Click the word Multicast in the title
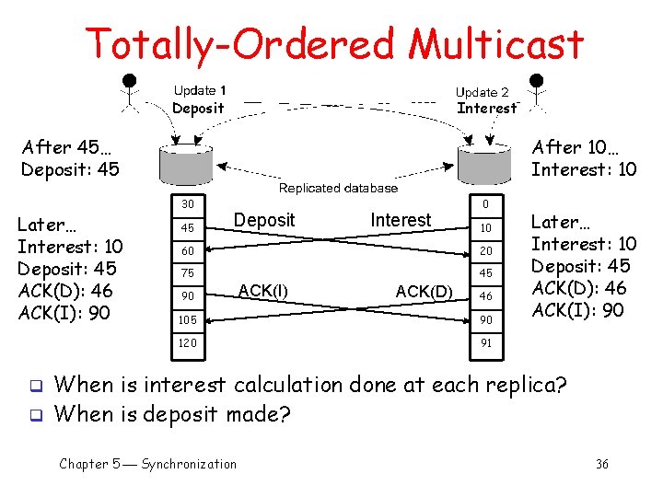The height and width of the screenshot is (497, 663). pyautogui.click(x=496, y=43)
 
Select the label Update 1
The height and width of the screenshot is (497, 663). pyautogui.click(x=200, y=90)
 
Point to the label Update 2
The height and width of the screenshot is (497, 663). pyautogui.click(x=483, y=92)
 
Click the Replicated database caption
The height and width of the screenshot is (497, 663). pyautogui.click(x=338, y=188)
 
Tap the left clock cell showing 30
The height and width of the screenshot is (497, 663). pyautogui.click(x=188, y=203)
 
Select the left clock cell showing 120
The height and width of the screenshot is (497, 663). pyautogui.click(x=188, y=342)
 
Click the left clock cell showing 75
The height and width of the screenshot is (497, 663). pyautogui.click(x=188, y=273)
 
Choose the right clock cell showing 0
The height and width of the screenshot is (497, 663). pyautogui.click(x=486, y=203)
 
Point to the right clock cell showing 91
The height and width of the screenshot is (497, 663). pyautogui.click(x=486, y=342)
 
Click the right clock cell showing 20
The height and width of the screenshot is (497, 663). pyautogui.click(x=486, y=250)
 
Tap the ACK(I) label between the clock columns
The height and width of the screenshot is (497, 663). pyautogui.click(x=262, y=291)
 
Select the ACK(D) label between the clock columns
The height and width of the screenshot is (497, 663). pyautogui.click(x=424, y=292)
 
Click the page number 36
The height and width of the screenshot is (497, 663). pyautogui.click(x=601, y=464)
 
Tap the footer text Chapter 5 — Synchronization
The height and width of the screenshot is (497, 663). pyautogui.click(x=147, y=464)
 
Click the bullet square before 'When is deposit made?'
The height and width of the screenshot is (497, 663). pyautogui.click(x=38, y=415)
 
